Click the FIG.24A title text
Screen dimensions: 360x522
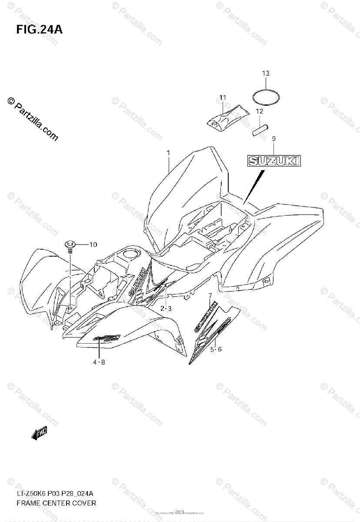click(x=37, y=30)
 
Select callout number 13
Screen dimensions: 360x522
click(x=266, y=73)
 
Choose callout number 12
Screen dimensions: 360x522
click(x=260, y=111)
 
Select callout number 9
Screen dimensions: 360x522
click(x=273, y=139)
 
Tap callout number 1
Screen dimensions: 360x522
click(x=168, y=153)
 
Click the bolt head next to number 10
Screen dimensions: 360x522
click(x=69, y=244)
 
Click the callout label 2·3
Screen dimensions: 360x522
click(x=166, y=308)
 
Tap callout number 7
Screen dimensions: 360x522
click(x=210, y=296)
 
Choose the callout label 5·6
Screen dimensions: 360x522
click(x=216, y=349)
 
